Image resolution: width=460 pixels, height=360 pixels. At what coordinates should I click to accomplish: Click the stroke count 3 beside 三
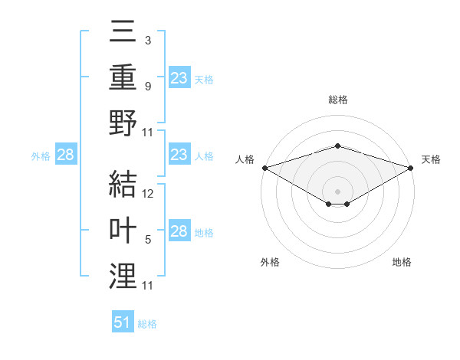click(148, 41)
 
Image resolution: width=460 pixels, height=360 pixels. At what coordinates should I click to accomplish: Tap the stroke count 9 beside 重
click(148, 86)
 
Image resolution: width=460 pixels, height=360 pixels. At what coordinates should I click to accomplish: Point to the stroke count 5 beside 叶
click(148, 239)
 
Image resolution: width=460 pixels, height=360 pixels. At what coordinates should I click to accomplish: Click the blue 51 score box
click(123, 322)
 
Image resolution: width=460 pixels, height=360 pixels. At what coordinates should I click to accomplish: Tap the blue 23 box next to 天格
click(179, 78)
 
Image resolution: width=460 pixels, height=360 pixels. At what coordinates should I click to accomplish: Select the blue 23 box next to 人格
click(179, 155)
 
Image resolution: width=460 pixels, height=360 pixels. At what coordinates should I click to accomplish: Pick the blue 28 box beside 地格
click(179, 232)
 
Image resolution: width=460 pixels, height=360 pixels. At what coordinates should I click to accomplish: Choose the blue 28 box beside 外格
click(66, 155)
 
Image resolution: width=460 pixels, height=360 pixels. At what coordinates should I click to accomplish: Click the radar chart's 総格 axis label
click(337, 100)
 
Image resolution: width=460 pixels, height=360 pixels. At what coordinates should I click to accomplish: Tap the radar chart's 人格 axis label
click(245, 159)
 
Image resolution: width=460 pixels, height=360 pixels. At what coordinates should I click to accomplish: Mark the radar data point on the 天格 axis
click(412, 168)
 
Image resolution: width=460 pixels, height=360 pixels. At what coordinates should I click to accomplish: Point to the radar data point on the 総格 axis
click(337, 146)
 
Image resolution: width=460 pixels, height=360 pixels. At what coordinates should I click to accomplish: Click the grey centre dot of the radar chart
click(337, 190)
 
